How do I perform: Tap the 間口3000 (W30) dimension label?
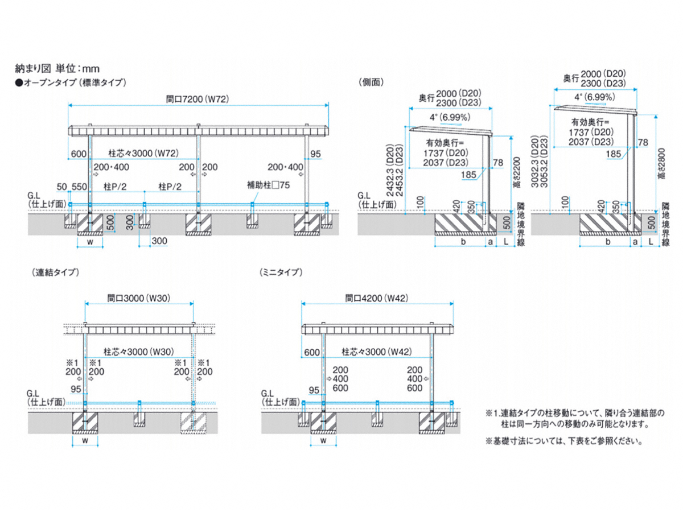point(140,298)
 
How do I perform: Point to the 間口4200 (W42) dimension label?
point(377,298)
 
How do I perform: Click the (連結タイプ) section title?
point(54,272)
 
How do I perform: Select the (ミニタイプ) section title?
point(280,272)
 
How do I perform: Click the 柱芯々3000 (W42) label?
point(377,352)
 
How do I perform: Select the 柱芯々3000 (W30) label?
point(139,352)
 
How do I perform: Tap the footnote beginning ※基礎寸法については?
point(565,440)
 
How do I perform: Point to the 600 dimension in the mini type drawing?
point(312,352)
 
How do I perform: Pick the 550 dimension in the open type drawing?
point(80,187)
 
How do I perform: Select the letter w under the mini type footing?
point(323,440)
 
